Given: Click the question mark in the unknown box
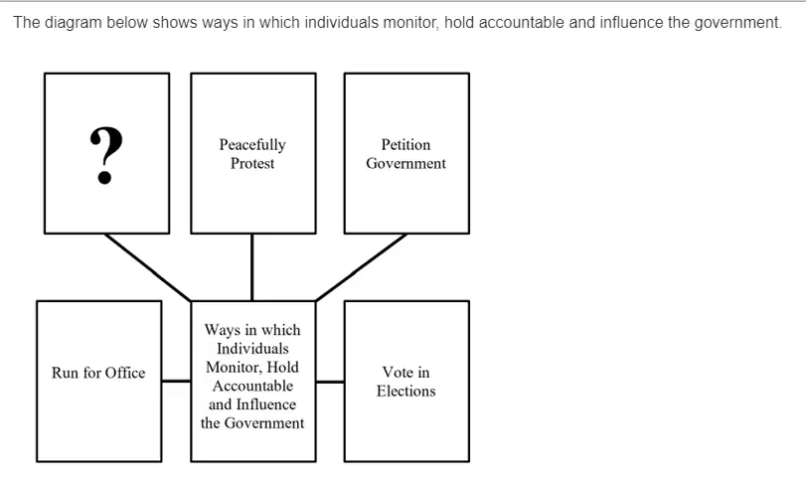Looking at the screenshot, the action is [106, 155].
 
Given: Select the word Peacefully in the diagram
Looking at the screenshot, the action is [252, 145].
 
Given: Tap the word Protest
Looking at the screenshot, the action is [252, 163].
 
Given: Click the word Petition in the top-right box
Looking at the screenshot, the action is [405, 144].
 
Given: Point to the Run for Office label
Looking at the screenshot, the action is [98, 373].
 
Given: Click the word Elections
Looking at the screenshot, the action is [405, 392].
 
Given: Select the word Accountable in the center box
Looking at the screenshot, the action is [252, 386].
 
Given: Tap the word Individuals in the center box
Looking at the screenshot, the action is [252, 349].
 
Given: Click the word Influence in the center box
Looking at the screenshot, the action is [265, 404].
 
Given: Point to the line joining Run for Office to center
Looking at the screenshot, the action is [176, 381].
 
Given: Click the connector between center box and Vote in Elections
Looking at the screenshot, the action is [330, 382].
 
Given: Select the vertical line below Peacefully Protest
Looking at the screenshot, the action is [251, 267].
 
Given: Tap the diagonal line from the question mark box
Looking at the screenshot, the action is [147, 267].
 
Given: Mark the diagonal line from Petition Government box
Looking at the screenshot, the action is [362, 267].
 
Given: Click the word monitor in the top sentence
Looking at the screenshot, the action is [410, 23].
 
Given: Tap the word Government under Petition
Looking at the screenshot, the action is [405, 163].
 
